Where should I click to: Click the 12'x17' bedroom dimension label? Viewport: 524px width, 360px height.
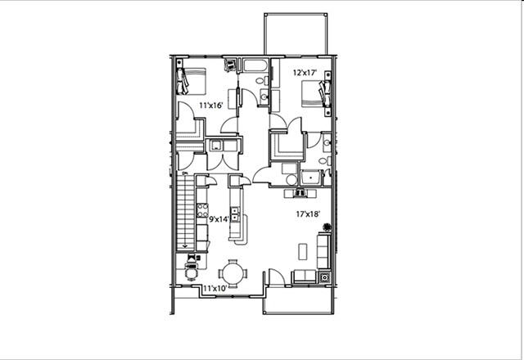coord(305,73)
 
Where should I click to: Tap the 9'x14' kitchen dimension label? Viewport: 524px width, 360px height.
coord(217,219)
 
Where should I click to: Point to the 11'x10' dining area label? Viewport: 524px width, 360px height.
coord(215,288)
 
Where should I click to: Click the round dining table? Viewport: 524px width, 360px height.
coord(234,272)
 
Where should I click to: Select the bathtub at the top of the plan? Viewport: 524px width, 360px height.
coord(255,65)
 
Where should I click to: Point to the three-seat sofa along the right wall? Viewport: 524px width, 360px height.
coord(323,250)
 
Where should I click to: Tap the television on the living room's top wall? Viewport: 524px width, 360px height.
coord(300,193)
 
